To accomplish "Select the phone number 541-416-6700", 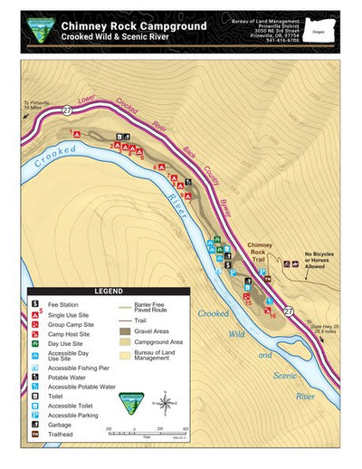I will coord(277,41).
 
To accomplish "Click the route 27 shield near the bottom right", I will coord(288,311).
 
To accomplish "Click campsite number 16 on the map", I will coord(271,314).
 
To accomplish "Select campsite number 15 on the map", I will coord(248,302).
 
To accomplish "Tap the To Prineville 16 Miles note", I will coord(34,105).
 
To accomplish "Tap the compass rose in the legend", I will coord(166,399).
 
